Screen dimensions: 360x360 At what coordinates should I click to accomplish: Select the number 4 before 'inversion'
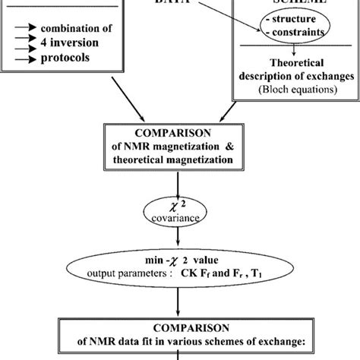[46, 43]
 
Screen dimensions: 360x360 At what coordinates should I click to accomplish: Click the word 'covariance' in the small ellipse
[179, 217]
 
